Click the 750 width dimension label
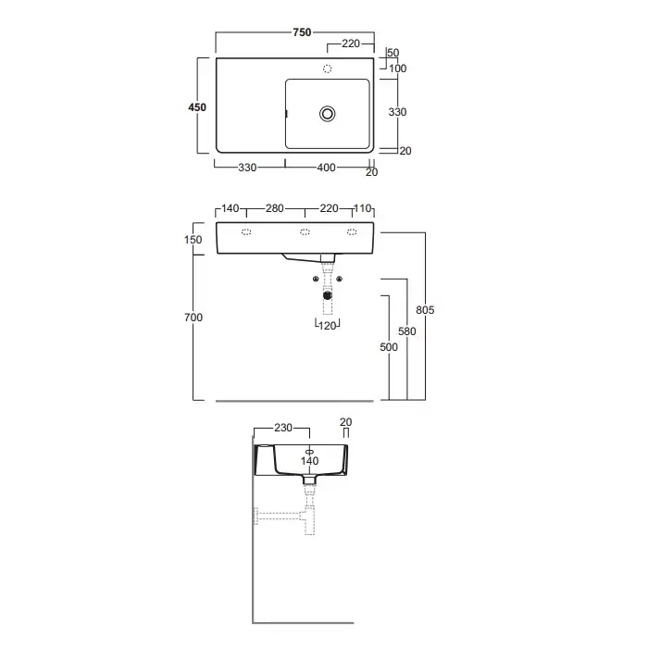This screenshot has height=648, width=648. (x=302, y=32)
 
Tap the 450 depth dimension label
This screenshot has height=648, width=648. (x=197, y=107)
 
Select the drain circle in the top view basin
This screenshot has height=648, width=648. (x=328, y=114)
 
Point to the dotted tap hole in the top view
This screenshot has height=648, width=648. (x=328, y=69)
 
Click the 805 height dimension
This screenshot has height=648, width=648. (x=425, y=310)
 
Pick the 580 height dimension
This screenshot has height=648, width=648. (x=407, y=331)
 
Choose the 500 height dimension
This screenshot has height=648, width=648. (x=389, y=347)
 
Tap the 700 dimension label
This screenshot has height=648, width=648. (x=193, y=318)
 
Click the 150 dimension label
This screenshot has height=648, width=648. (x=193, y=240)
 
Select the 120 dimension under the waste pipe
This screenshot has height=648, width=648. (x=328, y=326)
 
